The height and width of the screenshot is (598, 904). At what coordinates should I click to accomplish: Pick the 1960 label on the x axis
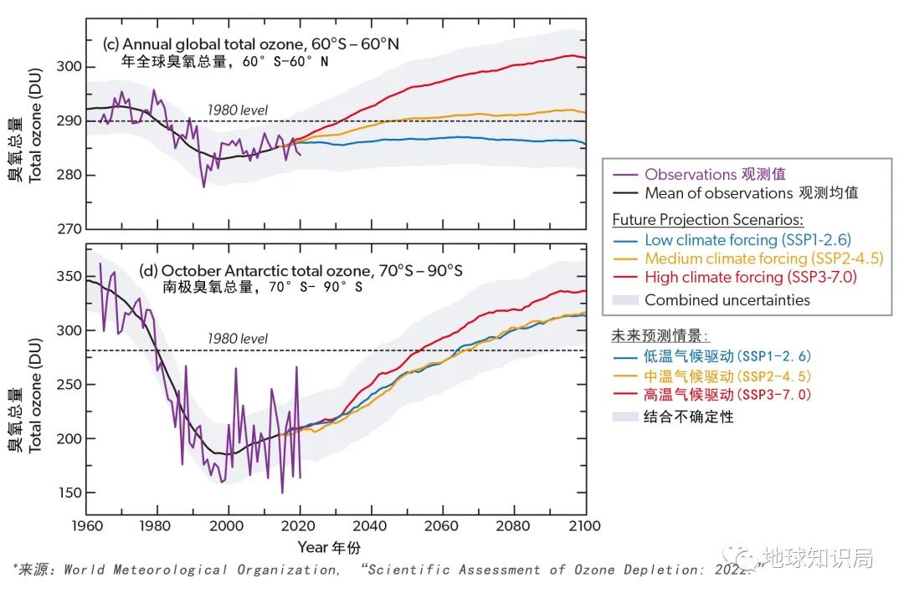pyautogui.click(x=85, y=526)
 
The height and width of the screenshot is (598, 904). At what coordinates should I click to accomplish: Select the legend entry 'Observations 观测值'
pyautogui.click(x=715, y=175)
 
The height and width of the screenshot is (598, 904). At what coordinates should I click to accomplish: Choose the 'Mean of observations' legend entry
pyautogui.click(x=751, y=193)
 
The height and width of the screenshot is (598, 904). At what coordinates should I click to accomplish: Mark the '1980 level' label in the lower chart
pyautogui.click(x=238, y=339)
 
